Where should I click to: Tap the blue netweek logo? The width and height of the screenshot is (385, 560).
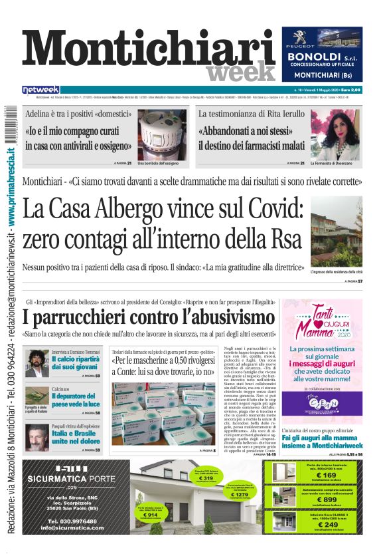41,89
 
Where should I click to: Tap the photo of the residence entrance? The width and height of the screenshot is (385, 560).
346,231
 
